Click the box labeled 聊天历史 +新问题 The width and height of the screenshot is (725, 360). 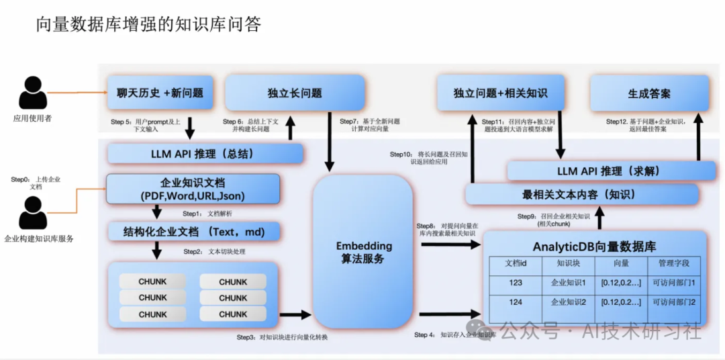(160, 93)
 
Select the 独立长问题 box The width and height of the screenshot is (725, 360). (294, 93)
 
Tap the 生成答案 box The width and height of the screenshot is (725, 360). (648, 93)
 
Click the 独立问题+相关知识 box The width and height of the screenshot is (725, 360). (500, 93)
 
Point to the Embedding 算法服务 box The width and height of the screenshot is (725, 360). (363, 252)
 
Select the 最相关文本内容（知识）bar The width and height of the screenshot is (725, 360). (581, 195)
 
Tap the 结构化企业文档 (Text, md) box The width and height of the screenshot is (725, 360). (193, 232)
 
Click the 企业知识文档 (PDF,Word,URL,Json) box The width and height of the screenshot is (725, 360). (193, 189)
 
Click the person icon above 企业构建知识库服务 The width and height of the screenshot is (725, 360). (33, 212)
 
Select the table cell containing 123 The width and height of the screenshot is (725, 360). (516, 283)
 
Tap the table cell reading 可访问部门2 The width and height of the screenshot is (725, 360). (674, 302)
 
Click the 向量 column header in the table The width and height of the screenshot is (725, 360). (621, 263)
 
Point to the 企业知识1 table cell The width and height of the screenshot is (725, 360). (568, 283)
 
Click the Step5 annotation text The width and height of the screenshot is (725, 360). (146, 126)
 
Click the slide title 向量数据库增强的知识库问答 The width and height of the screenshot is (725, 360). (148, 25)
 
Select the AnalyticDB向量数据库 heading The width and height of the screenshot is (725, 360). (595, 246)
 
